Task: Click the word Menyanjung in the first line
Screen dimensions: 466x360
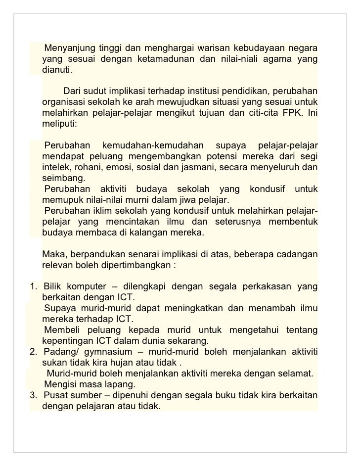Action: coord(69,49)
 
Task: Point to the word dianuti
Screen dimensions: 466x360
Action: coord(57,70)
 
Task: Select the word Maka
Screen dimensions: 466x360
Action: coord(54,255)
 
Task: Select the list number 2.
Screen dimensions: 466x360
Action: coord(33,351)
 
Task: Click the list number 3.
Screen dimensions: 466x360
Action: coord(33,395)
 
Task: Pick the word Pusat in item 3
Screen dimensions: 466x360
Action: coord(55,395)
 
